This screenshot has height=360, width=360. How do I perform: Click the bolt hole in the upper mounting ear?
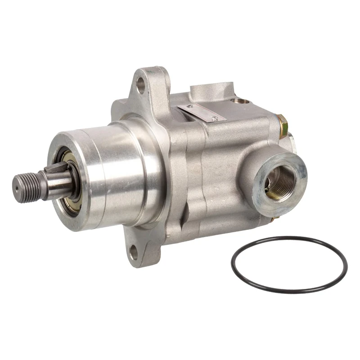(141, 84)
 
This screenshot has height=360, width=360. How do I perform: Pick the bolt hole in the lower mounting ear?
(134, 253)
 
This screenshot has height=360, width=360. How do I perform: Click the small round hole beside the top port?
(243, 101)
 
